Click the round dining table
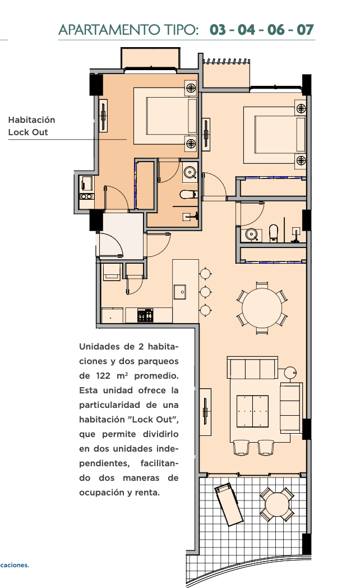click(x=261, y=308)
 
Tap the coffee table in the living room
click(x=252, y=411)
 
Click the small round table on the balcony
click(x=276, y=504)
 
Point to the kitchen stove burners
click(x=145, y=315)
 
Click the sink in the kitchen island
click(x=180, y=292)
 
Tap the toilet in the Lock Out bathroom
click(x=188, y=194)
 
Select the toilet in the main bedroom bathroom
click(x=274, y=232)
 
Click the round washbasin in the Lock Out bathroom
click(x=190, y=172)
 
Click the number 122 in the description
click(x=103, y=376)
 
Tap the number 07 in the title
click(x=305, y=30)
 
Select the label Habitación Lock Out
click(x=31, y=126)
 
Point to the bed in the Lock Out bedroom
click(x=165, y=116)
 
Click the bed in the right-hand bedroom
click(x=275, y=135)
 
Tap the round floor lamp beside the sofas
click(x=289, y=373)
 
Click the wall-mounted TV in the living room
click(x=205, y=412)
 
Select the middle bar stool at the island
click(x=205, y=292)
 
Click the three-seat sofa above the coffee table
click(x=252, y=367)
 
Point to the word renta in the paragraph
click(x=147, y=493)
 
